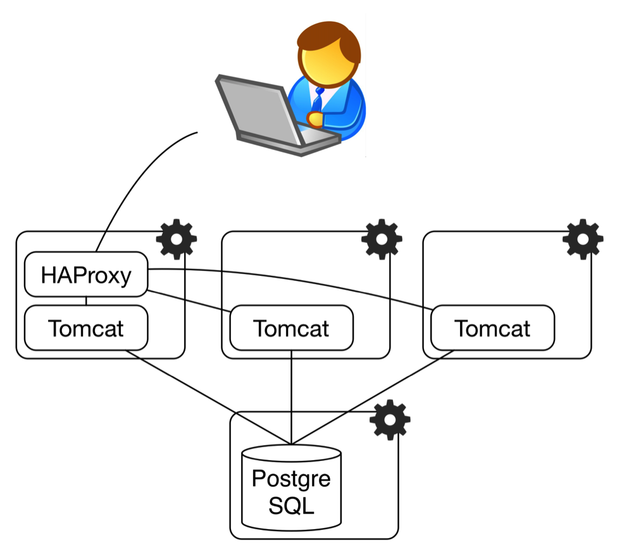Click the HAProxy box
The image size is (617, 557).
86,275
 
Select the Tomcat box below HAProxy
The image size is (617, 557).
86,329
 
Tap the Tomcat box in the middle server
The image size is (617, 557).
291,329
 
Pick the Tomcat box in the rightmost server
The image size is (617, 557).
492,329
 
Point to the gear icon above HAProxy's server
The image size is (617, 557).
176,239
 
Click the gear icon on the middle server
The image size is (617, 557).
382,239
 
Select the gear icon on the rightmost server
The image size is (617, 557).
583,239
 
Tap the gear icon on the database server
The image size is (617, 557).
390,420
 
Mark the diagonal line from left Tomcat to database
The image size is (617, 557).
209,396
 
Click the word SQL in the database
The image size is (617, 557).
291,506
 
